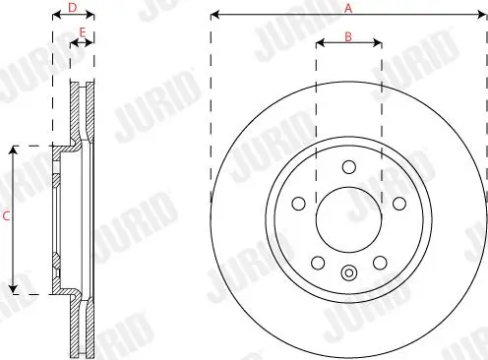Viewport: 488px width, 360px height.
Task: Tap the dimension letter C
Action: pyautogui.click(x=7, y=218)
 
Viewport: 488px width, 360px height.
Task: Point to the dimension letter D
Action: pyautogui.click(x=72, y=7)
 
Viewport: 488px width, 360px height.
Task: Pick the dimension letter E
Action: pyautogui.click(x=82, y=32)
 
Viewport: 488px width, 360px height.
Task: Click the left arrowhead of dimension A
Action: pyautogui.click(x=213, y=15)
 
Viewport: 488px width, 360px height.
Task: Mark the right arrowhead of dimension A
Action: pyautogui.click(x=483, y=15)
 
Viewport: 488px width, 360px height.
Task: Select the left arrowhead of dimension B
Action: pyautogui.click(x=318, y=43)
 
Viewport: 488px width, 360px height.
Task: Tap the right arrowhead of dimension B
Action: pyautogui.click(x=379, y=43)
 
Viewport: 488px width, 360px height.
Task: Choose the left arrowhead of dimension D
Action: pyautogui.click(x=53, y=15)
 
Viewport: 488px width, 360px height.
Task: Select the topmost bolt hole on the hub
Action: pyautogui.click(x=348, y=166)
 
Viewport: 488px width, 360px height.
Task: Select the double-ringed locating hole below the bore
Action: pyautogui.click(x=348, y=272)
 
